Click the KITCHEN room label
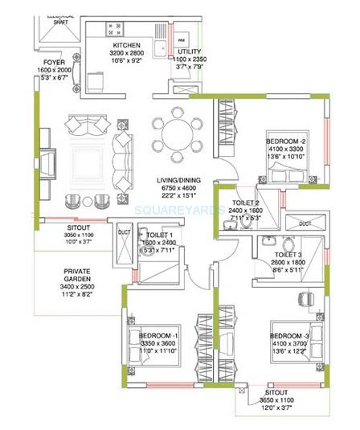pyautogui.click(x=128, y=45)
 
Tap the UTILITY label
pyautogui.click(x=190, y=50)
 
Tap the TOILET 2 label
pyautogui.click(x=246, y=203)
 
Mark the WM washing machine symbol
pyautogui.click(x=181, y=39)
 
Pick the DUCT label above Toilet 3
pyautogui.click(x=305, y=224)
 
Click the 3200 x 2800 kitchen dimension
pyautogui.click(x=127, y=53)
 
